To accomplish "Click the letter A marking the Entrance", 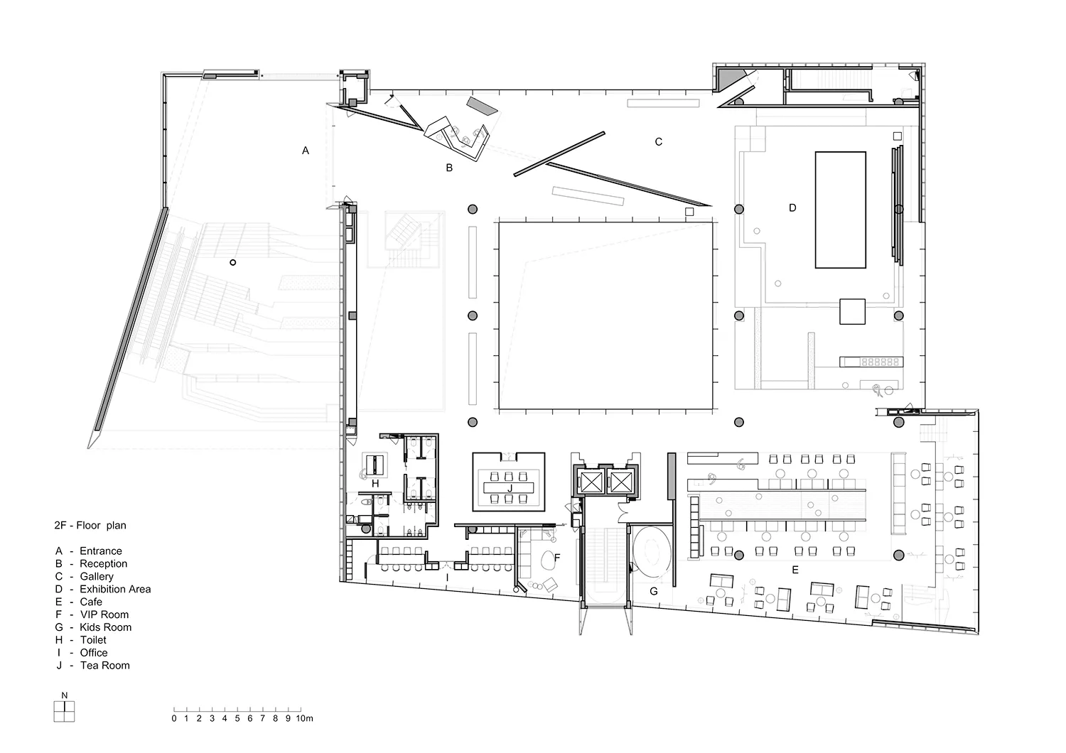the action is pos(306,151).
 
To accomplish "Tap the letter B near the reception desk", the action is pos(449,168).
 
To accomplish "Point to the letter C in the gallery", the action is pos(659,142).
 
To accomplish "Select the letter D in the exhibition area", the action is pos(792,208).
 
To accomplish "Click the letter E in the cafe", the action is pos(795,570).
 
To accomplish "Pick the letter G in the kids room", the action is pos(654,591).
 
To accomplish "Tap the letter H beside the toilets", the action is pos(375,484).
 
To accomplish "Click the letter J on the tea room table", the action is pos(510,489).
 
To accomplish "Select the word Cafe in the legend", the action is pos(91,602).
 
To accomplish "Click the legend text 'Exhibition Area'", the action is pos(115,589).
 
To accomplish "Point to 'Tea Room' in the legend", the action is pos(104,666).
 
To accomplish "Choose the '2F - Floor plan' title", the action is pos(90,526).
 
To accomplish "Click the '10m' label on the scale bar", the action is pos(305,718).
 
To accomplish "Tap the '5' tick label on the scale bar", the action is pos(237,718).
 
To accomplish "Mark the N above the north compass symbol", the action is pos(64,695).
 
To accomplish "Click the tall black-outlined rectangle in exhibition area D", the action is pos(841,210).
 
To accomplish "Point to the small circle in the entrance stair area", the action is pos(232,263).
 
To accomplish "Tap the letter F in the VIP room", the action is pos(557,558).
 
